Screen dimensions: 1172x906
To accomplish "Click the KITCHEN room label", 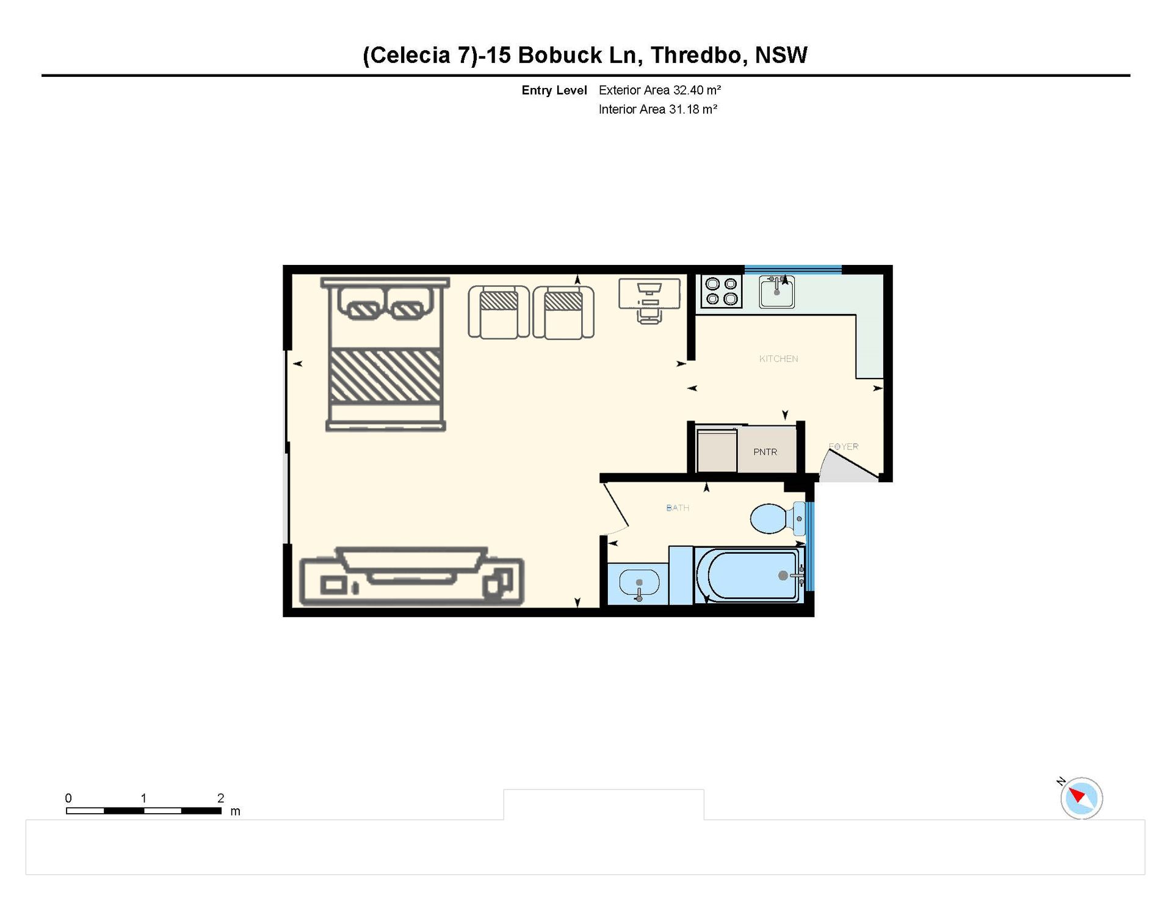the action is pyautogui.click(x=778, y=359).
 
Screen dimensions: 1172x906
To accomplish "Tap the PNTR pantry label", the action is pyautogui.click(x=765, y=452).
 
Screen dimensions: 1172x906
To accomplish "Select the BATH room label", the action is pyautogui.click(x=678, y=508).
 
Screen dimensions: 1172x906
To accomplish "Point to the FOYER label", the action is pyautogui.click(x=844, y=446).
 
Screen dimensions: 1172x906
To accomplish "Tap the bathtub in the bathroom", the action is pyautogui.click(x=748, y=575).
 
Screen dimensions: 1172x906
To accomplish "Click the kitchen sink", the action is pyautogui.click(x=776, y=291).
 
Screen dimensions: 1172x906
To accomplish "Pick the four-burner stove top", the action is pyautogui.click(x=721, y=291).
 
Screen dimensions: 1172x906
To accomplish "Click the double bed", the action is pyautogui.click(x=385, y=354).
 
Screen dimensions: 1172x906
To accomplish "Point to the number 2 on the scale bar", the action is pyautogui.click(x=220, y=798).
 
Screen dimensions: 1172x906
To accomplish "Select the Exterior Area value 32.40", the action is pyautogui.click(x=689, y=90).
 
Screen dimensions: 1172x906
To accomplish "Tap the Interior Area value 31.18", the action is pyautogui.click(x=684, y=109).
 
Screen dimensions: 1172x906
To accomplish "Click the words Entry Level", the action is pyautogui.click(x=554, y=90).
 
